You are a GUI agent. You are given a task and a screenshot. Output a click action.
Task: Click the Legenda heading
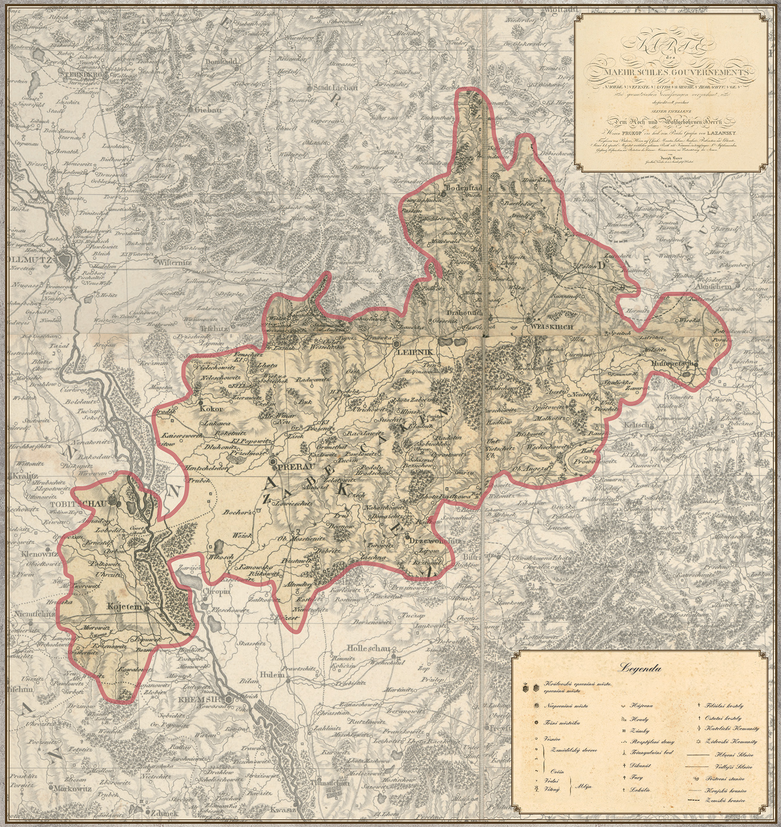pyautogui.click(x=640, y=669)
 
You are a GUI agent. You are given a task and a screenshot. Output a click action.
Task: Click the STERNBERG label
pyautogui.click(x=78, y=75)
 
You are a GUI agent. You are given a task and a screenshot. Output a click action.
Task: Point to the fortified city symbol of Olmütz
pyautogui.click(x=67, y=259)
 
